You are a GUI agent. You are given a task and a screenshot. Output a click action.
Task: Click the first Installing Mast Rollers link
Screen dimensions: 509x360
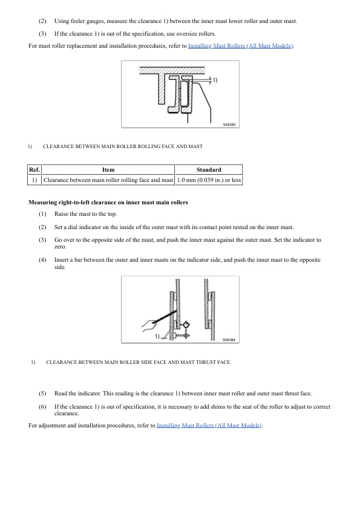(241, 46)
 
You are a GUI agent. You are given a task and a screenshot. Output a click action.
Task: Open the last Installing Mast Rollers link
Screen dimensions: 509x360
(209, 426)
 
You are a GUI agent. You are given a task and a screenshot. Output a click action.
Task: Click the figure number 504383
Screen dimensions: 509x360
(229, 124)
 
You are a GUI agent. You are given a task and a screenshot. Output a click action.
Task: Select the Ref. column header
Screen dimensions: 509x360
(34, 170)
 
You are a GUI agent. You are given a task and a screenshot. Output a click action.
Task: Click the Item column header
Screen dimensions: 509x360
(108, 170)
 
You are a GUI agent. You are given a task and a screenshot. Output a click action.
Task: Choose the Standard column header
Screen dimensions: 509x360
(209, 170)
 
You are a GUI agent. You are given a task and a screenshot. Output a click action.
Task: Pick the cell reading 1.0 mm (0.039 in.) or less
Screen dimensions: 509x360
(209, 180)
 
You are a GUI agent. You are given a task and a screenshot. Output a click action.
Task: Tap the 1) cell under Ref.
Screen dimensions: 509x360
(34, 180)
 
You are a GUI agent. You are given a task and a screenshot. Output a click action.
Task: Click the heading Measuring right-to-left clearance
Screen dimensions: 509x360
(108, 202)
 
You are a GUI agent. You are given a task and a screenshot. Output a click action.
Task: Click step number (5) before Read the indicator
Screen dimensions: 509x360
(42, 393)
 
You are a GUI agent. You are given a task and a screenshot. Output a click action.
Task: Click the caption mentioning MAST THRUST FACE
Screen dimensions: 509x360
(137, 362)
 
